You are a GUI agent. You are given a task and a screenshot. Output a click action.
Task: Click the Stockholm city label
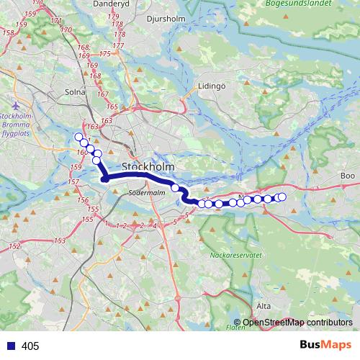coord(150,167)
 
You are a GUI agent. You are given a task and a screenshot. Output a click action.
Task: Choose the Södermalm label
coord(147,193)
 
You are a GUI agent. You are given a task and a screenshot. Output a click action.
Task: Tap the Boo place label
coord(348,176)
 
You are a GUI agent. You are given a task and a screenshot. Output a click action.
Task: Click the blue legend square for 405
coord(10,346)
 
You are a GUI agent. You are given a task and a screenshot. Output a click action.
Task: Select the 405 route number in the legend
coord(30,346)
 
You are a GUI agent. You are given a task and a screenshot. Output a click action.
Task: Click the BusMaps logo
coord(323,345)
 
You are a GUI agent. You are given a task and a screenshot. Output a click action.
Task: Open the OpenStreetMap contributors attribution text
coord(297,322)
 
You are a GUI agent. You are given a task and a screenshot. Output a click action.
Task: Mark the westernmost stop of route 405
coord(78,137)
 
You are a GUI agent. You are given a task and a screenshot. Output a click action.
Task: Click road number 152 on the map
coord(14,247)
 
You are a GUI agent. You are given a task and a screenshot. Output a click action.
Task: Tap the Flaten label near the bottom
coord(235,328)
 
